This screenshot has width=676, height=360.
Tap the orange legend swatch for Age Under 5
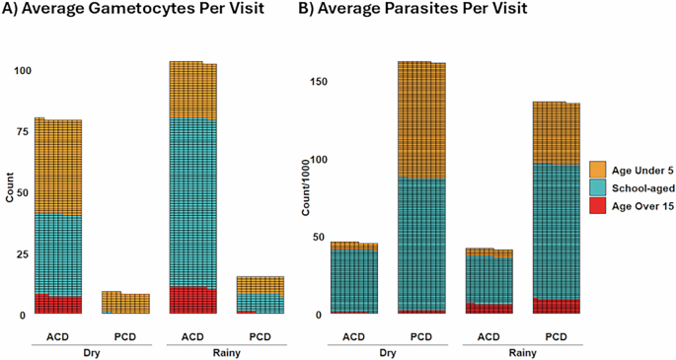tap(597, 170)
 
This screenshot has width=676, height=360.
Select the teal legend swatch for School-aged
tap(597, 187)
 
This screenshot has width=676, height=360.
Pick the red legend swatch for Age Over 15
tap(597, 204)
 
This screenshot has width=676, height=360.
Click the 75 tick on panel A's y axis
tap(21, 132)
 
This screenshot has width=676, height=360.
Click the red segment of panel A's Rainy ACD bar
tap(192, 300)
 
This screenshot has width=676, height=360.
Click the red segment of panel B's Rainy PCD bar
tap(556, 306)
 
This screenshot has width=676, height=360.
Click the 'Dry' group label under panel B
tap(388, 349)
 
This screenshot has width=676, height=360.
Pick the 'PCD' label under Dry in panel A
tap(125, 335)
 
